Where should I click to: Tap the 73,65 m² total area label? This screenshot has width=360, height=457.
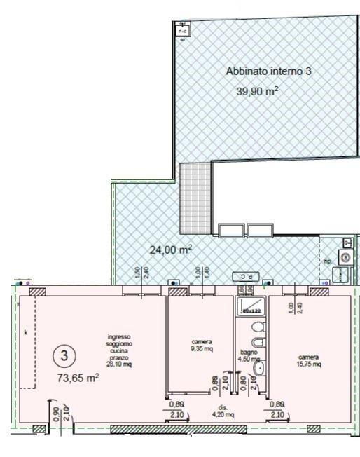tap(77, 377)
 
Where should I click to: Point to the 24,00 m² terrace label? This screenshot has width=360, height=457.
tap(171, 249)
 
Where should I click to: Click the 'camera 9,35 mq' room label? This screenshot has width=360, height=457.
tap(202, 346)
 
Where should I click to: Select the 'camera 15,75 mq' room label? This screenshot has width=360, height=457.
tap(308, 360)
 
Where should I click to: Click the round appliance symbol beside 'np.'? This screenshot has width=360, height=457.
tap(345, 258)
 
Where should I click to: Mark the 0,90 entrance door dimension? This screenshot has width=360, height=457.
tap(55, 415)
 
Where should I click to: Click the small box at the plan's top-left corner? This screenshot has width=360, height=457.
tap(182, 31)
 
